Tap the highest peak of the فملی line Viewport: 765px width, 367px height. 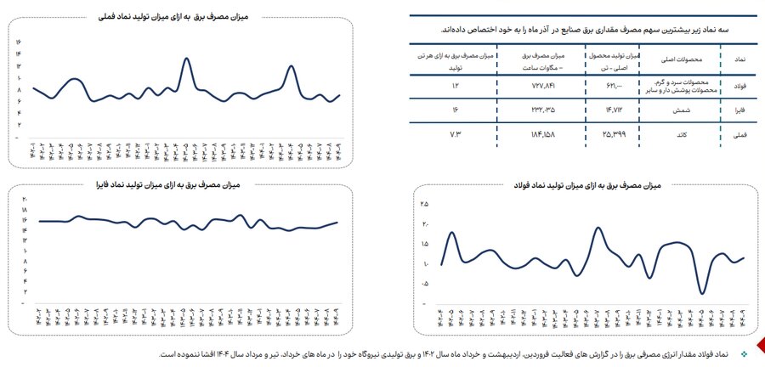[186, 59]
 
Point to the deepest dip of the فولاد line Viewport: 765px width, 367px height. [702, 293]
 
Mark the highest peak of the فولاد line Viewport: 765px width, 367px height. [599, 228]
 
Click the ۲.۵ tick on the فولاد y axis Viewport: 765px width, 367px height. [425, 205]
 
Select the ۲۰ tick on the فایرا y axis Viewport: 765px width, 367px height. [25, 198]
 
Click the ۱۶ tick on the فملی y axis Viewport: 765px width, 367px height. [19, 42]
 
